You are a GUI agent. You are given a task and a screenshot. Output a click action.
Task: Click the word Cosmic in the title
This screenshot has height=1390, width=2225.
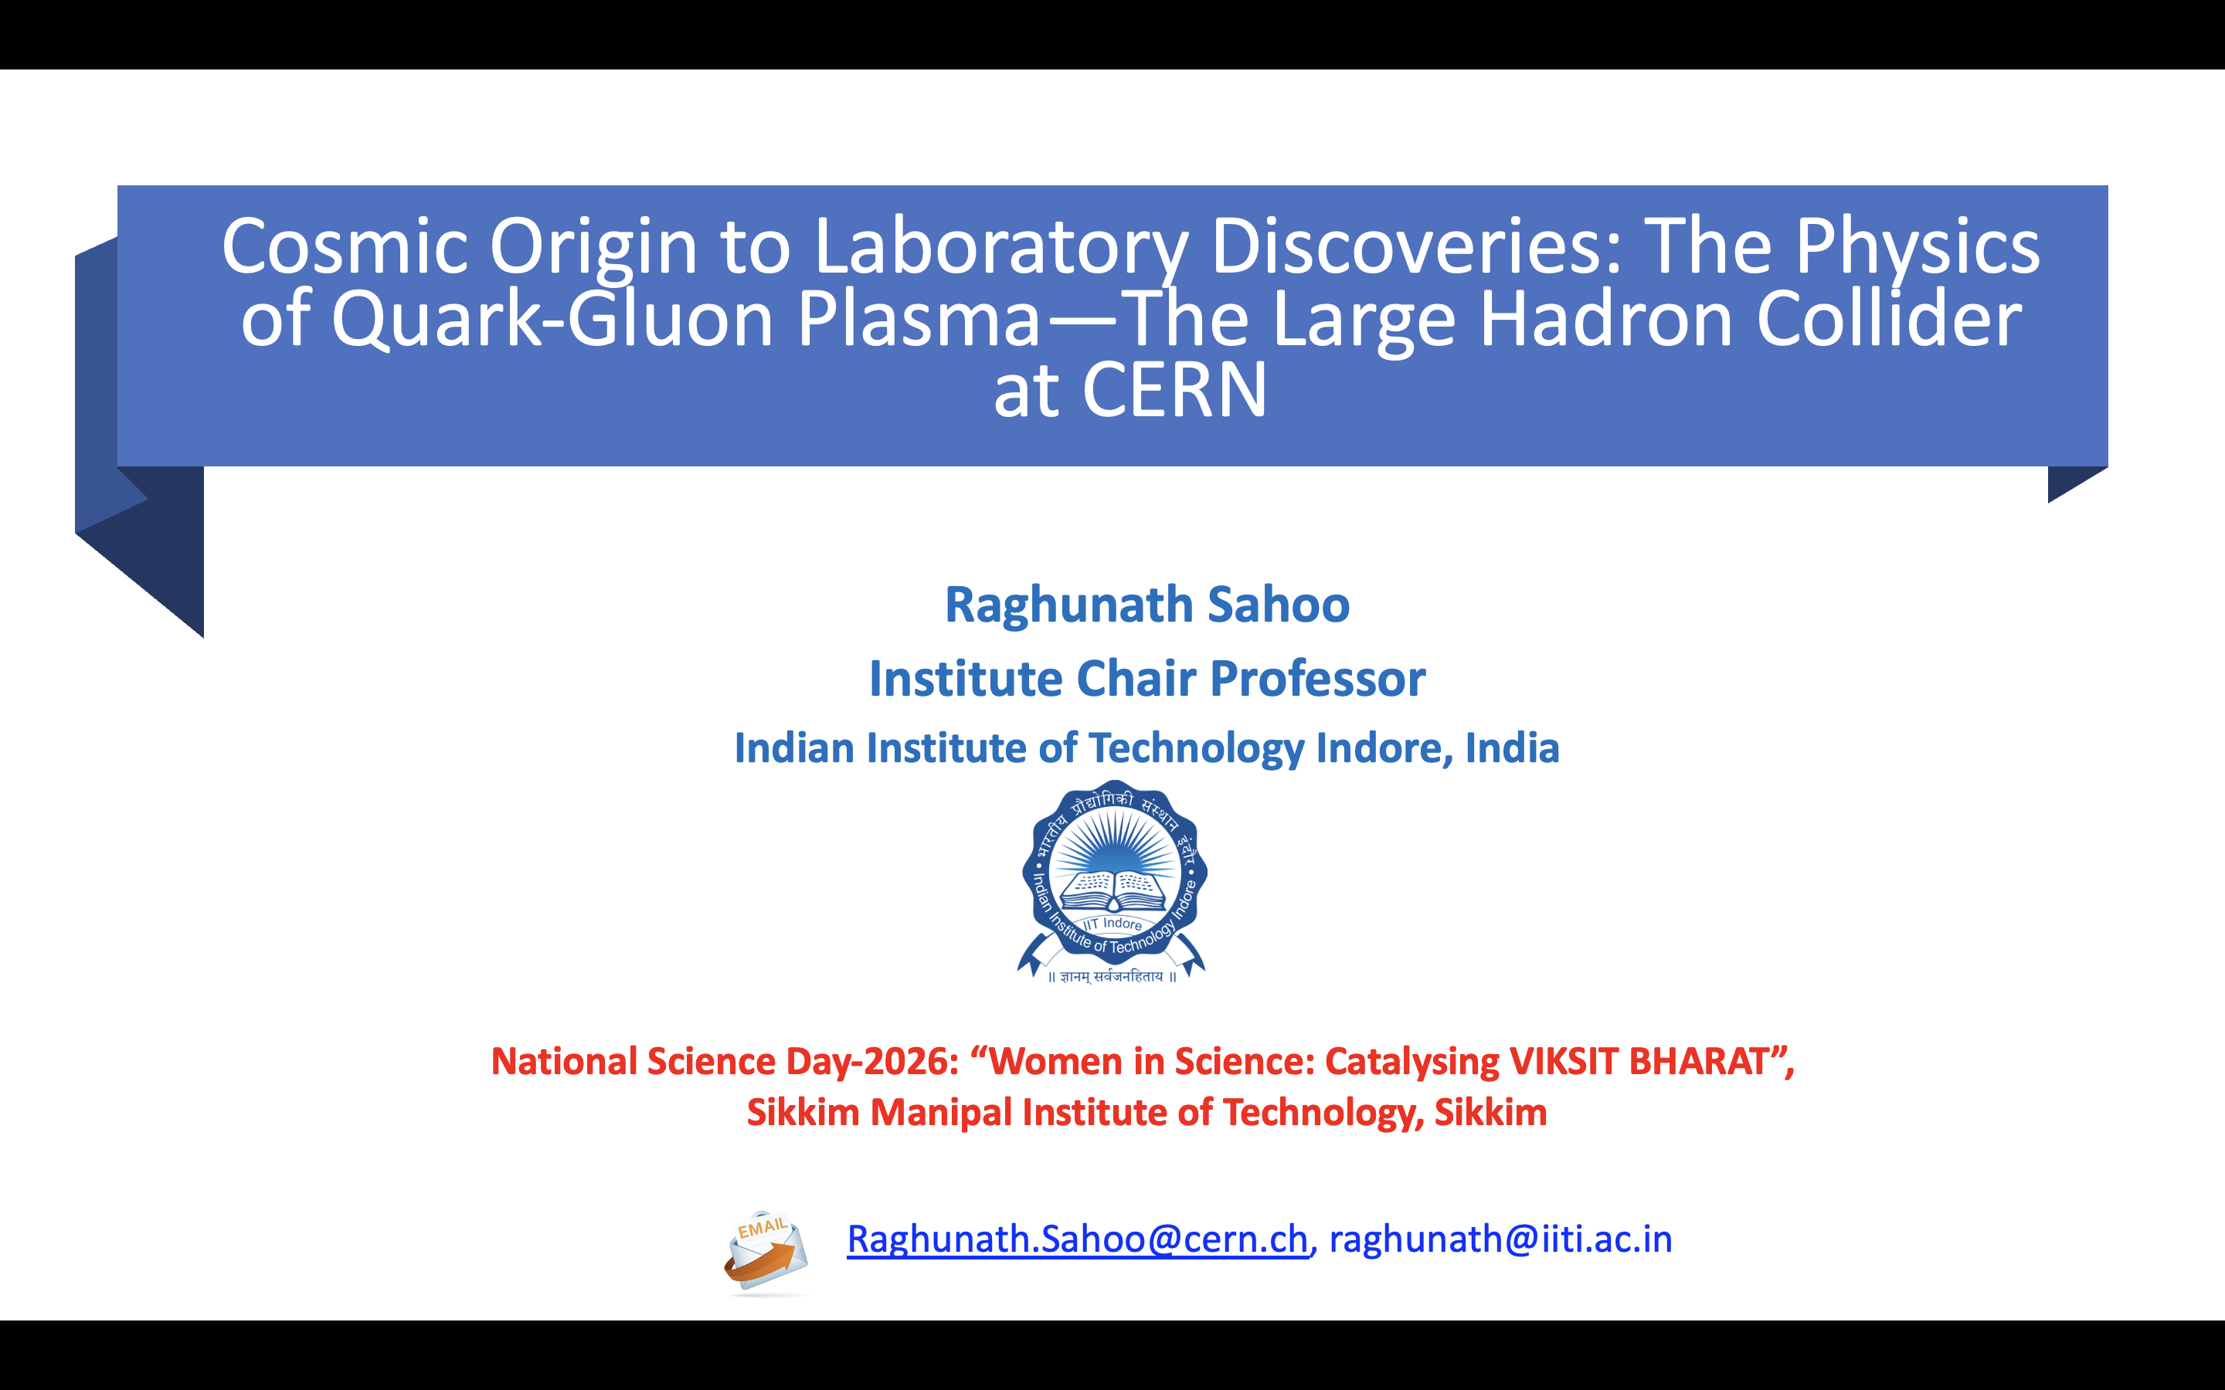click(x=345, y=246)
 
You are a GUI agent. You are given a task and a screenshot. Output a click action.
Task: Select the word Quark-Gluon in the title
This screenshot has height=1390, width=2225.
click(x=552, y=318)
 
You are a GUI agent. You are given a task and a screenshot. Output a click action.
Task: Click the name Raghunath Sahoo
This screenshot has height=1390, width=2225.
click(x=1147, y=605)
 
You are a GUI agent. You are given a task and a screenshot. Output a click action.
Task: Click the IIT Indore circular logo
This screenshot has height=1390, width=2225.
click(x=1113, y=880)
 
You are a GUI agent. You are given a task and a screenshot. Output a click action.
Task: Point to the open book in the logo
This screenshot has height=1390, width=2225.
click(x=1113, y=890)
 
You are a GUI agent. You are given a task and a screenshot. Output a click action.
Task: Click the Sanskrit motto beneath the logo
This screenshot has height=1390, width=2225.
click(x=1112, y=976)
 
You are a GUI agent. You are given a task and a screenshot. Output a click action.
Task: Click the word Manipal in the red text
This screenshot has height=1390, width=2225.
click(x=942, y=1114)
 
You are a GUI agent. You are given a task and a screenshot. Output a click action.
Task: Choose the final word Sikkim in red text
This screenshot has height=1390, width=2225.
click(x=1490, y=1114)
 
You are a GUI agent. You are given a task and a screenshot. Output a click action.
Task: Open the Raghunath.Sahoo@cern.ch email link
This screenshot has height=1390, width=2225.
click(x=1078, y=1239)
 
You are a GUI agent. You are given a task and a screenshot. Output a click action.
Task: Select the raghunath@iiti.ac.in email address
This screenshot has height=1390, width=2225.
click(x=1500, y=1239)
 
